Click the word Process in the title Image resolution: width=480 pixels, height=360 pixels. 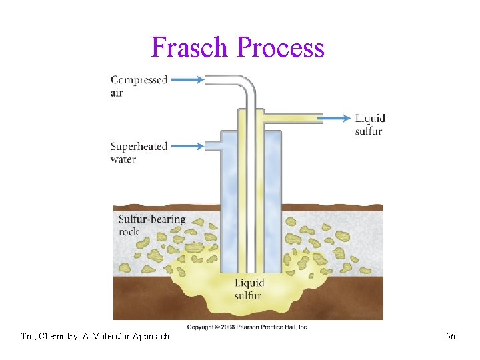point(281,47)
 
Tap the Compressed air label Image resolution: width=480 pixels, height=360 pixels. point(138,86)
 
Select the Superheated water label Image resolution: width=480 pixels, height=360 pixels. point(138,153)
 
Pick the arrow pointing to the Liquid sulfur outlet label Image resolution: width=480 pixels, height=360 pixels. point(333,118)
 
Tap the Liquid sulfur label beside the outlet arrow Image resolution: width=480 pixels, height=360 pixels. point(369,125)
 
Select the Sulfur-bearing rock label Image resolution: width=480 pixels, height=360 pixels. point(151,225)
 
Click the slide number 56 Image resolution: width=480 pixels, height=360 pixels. point(451,337)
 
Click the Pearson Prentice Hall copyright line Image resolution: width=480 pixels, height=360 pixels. point(247,327)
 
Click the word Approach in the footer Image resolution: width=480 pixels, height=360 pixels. point(153,337)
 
